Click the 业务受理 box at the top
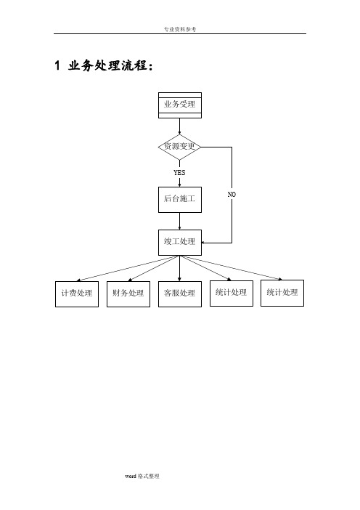pyautogui.click(x=180, y=105)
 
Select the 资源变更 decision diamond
pyautogui.click(x=180, y=147)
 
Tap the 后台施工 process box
pyautogui.click(x=180, y=200)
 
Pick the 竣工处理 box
pyautogui.click(x=180, y=243)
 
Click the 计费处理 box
pyautogui.click(x=77, y=294)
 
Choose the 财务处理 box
pyautogui.click(x=128, y=294)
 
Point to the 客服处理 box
pyautogui.click(x=180, y=294)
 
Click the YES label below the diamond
pyautogui.click(x=179, y=172)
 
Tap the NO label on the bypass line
pyautogui.click(x=232, y=194)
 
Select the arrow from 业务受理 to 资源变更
pyautogui.click(x=180, y=126)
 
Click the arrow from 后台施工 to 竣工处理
pyautogui.click(x=180, y=222)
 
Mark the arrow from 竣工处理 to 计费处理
pyautogui.click(x=127, y=268)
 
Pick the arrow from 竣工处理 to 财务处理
pyautogui.click(x=153, y=268)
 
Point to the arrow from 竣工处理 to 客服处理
pyautogui.click(x=180, y=268)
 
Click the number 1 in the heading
pyautogui.click(x=57, y=65)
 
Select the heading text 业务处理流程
pyautogui.click(x=107, y=65)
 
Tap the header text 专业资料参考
pyautogui.click(x=180, y=29)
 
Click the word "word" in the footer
pyautogui.click(x=131, y=476)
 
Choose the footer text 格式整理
pyautogui.click(x=149, y=476)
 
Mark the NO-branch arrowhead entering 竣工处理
pyautogui.click(x=202, y=243)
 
